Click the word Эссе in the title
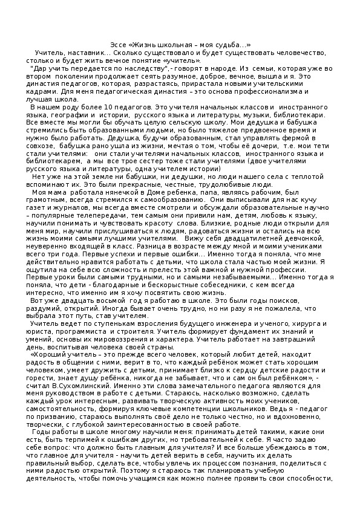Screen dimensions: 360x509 coord(120,46)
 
